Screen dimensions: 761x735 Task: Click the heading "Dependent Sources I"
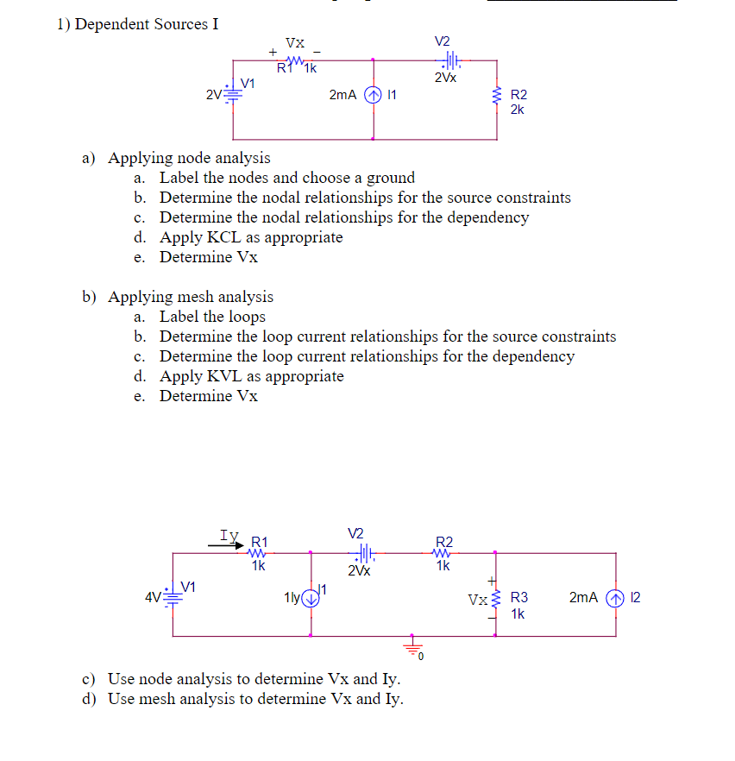point(146,24)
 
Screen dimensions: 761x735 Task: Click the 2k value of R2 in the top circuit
point(518,110)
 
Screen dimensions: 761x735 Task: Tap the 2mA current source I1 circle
point(373,96)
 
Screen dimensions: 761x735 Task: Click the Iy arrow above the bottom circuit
point(233,545)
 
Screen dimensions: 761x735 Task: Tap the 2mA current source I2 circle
point(616,597)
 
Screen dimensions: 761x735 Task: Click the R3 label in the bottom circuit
point(518,596)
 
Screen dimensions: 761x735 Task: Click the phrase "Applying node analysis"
point(188,158)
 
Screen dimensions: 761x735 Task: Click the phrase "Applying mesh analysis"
point(190,297)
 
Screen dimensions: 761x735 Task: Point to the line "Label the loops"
point(212,317)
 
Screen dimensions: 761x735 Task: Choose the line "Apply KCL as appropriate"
point(251,237)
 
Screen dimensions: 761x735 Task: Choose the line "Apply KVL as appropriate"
point(251,376)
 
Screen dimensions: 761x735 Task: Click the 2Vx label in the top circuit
point(446,78)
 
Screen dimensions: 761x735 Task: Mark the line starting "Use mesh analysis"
point(254,698)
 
